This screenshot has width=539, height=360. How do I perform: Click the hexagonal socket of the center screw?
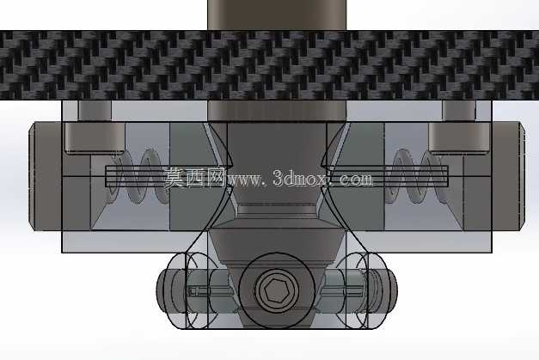click(x=276, y=289)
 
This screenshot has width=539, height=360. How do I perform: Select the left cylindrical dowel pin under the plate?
click(x=95, y=126)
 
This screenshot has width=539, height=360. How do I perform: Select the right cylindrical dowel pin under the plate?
click(x=459, y=126)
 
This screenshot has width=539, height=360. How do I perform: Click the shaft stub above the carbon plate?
click(x=277, y=15)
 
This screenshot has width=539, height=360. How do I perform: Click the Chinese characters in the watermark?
click(x=194, y=178)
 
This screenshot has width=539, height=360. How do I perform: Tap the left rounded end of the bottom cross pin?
click(x=164, y=290)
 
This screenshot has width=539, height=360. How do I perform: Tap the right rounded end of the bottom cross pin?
click(x=389, y=290)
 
